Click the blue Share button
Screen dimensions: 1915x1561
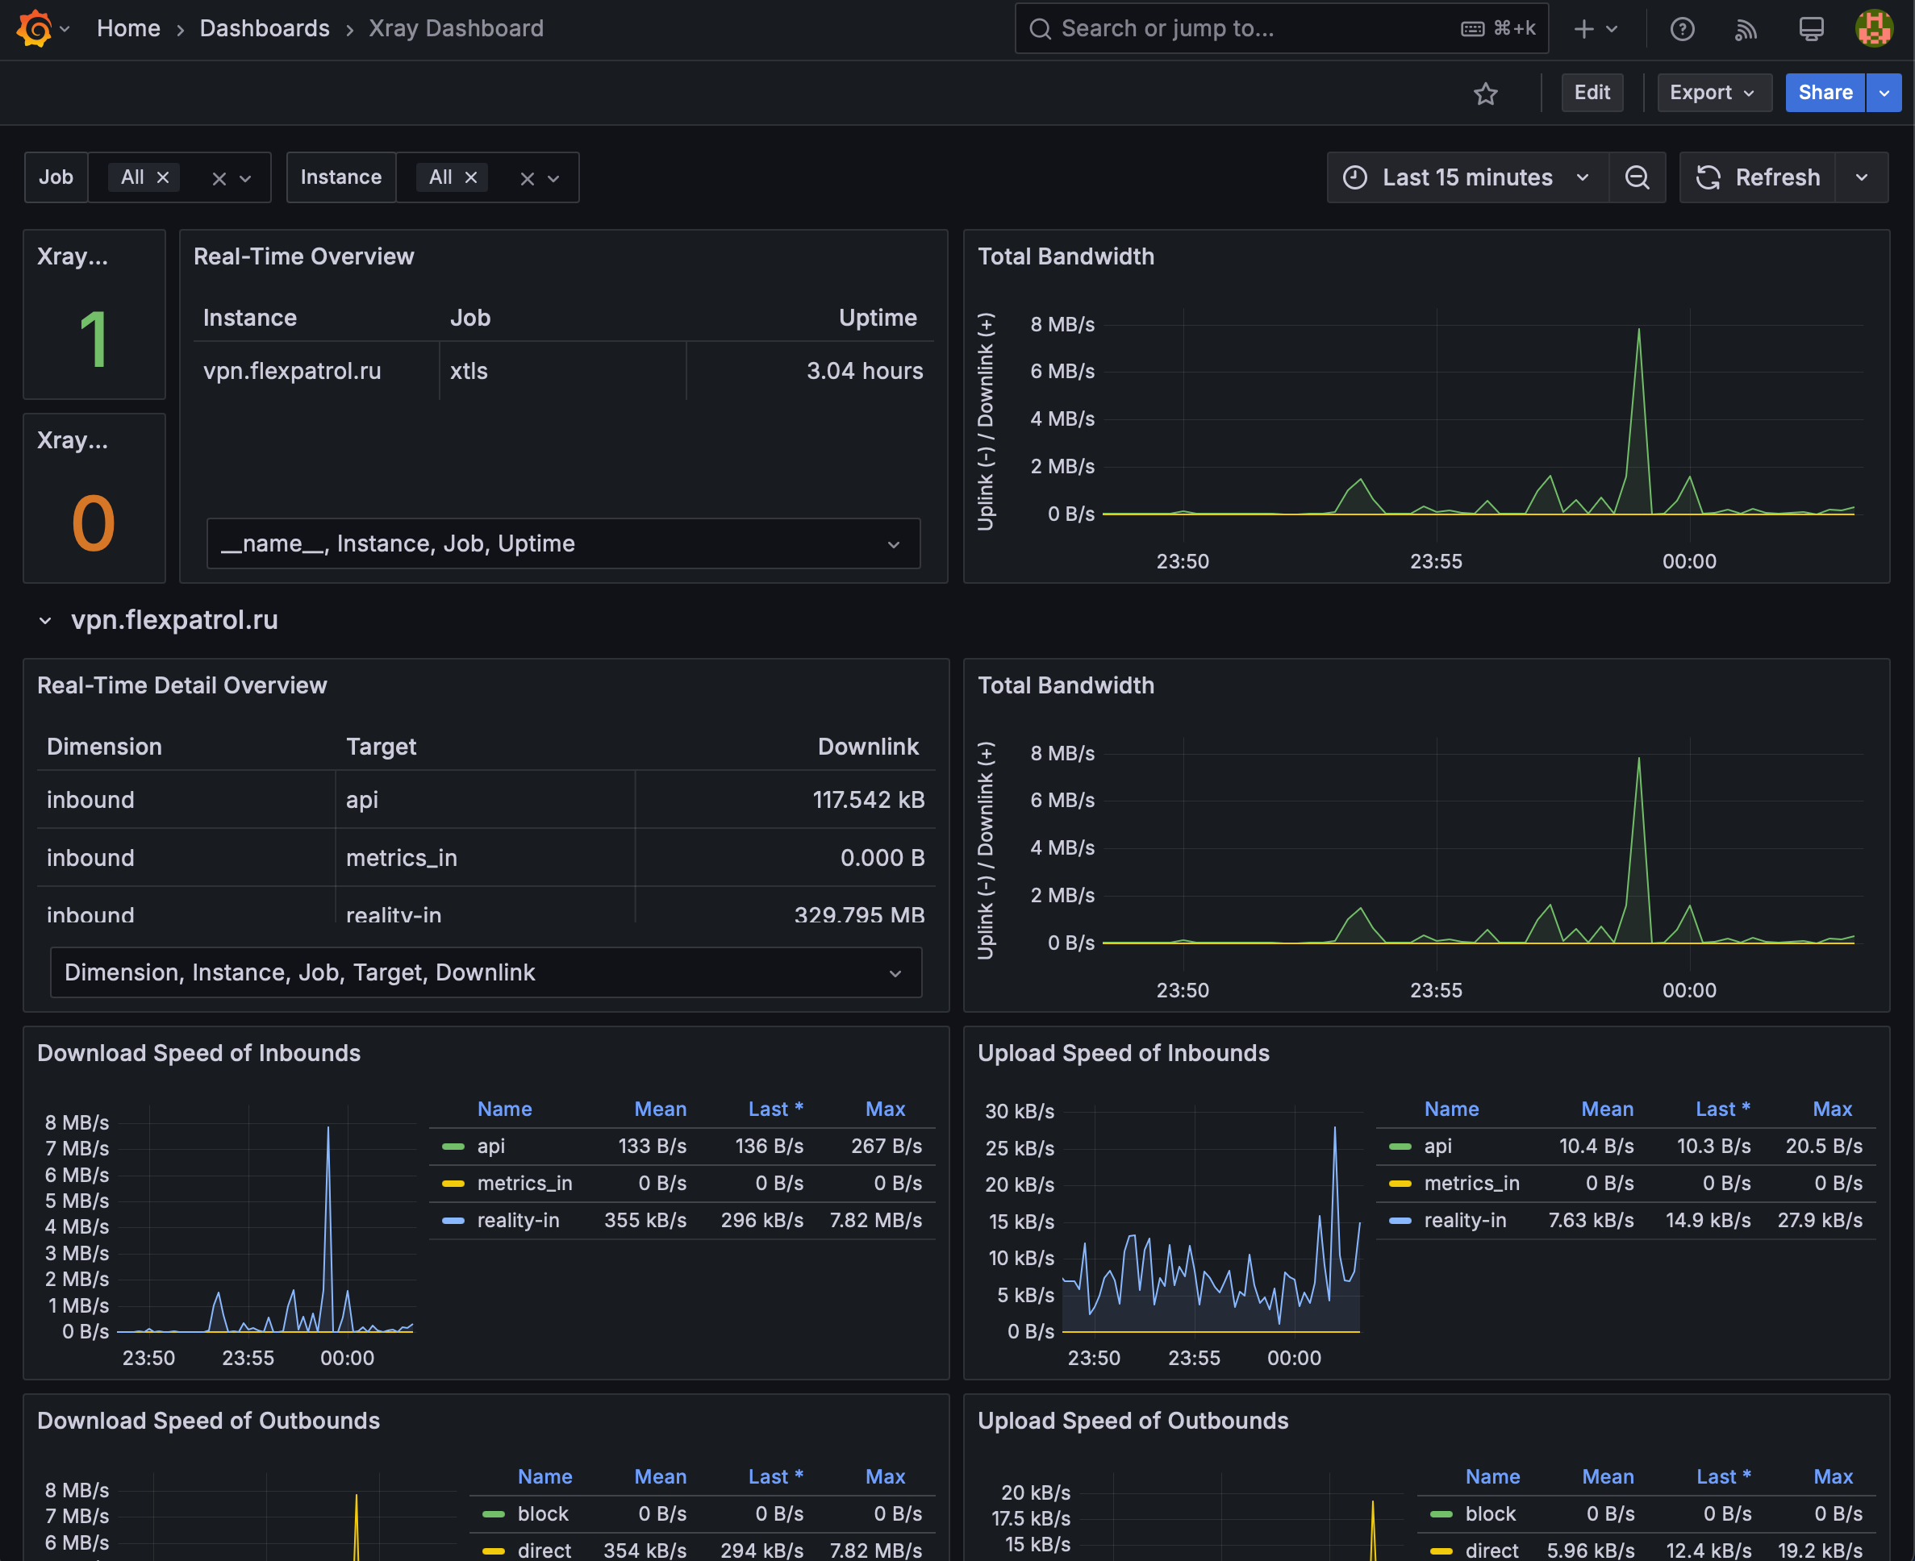[1825, 93]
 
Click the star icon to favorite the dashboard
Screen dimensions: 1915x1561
[1486, 94]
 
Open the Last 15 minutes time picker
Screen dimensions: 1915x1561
[1467, 177]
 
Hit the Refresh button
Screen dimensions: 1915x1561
[1759, 177]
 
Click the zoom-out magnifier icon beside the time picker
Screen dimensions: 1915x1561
[1637, 177]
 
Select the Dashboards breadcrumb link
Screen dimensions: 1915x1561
[265, 29]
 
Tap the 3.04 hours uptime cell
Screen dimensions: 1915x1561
[865, 372]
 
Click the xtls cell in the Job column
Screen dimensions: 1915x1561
[469, 372]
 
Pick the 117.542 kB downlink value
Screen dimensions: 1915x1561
[868, 801]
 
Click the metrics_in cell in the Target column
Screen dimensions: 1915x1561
[401, 858]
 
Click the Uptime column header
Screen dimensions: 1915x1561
[878, 318]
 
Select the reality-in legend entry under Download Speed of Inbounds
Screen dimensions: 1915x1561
[518, 1220]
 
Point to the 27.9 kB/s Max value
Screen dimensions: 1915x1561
[1820, 1220]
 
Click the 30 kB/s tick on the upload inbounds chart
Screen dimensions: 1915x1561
[1019, 1111]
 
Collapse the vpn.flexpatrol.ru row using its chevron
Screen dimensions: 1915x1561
[45, 620]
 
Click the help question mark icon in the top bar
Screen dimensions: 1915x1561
[1682, 30]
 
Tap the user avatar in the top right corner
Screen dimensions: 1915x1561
[1875, 29]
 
